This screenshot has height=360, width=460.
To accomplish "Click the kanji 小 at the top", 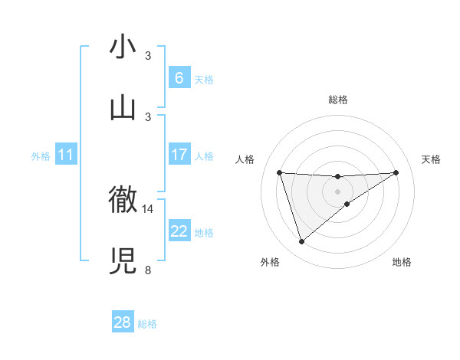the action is [x=123, y=47].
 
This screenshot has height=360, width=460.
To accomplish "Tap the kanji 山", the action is [x=123, y=106].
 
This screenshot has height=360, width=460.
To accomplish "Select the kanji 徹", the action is [x=123, y=200].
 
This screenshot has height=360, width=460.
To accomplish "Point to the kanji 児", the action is [x=123, y=260].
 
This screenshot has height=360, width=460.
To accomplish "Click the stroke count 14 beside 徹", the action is [x=148, y=208].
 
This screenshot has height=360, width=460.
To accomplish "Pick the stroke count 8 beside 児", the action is [x=148, y=270].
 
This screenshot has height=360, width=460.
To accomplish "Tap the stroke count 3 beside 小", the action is [x=148, y=56].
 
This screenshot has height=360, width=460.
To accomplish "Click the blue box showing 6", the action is [x=179, y=78].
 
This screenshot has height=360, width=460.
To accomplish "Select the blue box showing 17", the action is [x=179, y=155].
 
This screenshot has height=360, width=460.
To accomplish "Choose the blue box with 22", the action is [x=179, y=231].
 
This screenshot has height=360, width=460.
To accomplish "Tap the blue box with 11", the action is [x=66, y=155].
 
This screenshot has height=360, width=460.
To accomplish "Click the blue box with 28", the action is [x=123, y=322].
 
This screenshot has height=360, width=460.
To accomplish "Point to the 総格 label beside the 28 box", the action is [x=147, y=324].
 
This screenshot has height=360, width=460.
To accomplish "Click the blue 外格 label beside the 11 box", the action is [x=41, y=156].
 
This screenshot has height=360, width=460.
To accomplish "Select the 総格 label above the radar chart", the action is [x=338, y=100].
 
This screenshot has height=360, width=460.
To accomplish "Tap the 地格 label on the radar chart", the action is [x=402, y=262].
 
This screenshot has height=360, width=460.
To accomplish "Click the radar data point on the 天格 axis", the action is [x=396, y=172].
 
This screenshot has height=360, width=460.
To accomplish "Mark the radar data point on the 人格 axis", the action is [x=280, y=172].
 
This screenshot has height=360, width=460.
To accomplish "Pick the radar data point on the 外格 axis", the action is [x=301, y=242].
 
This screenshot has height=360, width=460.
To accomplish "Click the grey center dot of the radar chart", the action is [x=338, y=191].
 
